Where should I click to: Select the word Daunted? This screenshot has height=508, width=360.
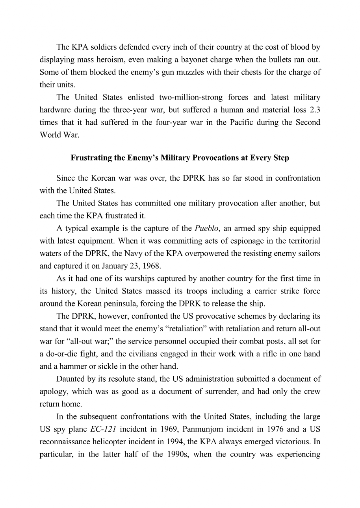69,379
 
